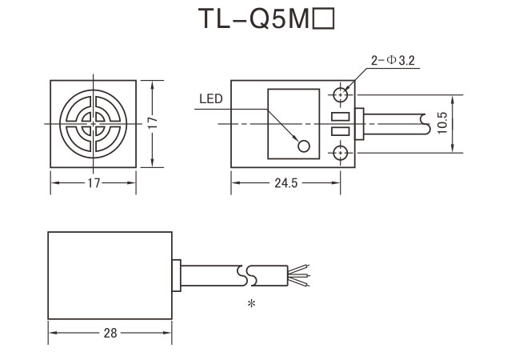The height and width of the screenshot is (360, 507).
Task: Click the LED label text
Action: tap(211, 100)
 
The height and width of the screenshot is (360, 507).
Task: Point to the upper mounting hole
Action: tap(342, 94)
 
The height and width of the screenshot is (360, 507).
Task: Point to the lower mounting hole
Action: tap(342, 152)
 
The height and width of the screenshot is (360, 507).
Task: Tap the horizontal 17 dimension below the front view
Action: tap(94, 183)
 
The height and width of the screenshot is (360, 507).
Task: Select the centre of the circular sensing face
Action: tap(94, 123)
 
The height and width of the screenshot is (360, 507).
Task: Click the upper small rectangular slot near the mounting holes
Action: tap(341, 118)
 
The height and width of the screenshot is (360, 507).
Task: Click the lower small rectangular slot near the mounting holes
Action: tap(341, 131)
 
